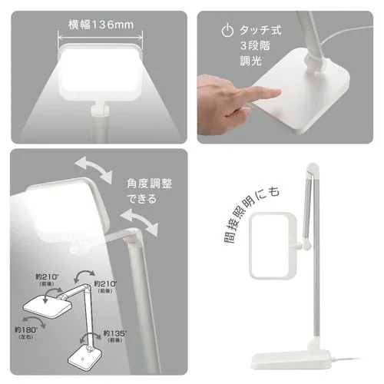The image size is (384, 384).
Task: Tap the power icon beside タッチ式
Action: tap(226, 31)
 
